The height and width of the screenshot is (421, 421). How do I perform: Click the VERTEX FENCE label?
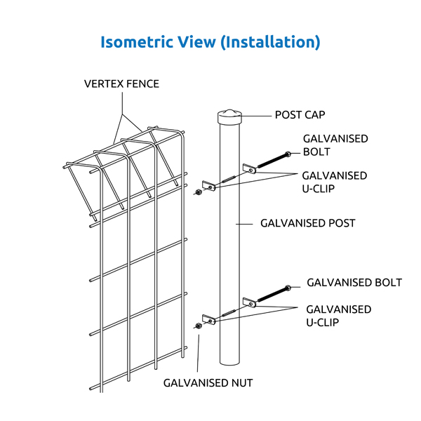[121, 84]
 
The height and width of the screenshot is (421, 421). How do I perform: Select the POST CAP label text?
[300, 114]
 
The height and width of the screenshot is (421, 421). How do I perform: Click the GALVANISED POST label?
[307, 223]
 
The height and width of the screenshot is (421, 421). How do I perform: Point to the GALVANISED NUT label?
[208, 382]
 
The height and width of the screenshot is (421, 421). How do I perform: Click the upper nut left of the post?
[199, 191]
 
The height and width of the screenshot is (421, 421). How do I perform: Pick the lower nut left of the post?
[199, 326]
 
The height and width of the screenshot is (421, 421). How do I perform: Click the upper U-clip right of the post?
[248, 168]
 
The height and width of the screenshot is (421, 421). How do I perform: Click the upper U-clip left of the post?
[208, 185]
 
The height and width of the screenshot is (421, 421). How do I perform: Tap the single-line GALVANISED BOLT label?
[354, 283]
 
